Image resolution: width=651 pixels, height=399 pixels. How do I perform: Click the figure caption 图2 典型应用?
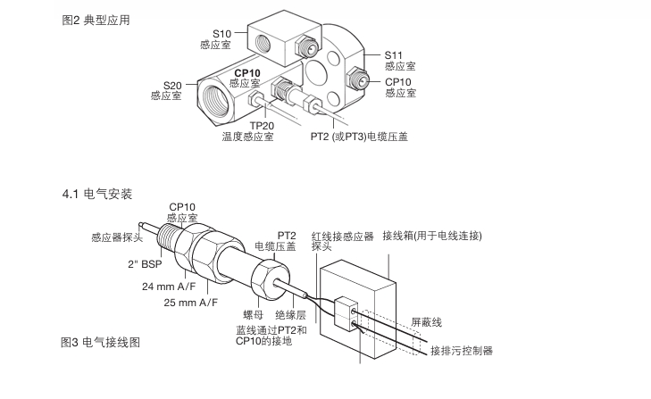point(94,20)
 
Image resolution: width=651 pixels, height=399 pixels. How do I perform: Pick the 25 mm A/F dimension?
point(188,303)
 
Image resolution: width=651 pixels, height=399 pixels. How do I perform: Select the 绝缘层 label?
point(291,314)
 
